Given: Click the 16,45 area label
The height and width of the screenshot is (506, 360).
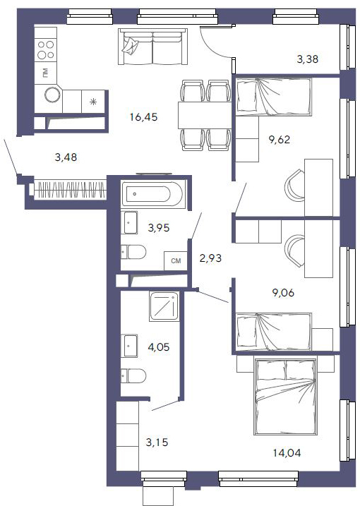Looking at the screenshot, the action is pos(144,117).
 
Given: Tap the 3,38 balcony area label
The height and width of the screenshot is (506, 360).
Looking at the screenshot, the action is pos(307,59).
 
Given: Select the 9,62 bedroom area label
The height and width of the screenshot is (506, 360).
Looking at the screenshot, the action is pos(280,140).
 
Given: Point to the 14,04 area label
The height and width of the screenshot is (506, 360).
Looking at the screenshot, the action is pos(287,453).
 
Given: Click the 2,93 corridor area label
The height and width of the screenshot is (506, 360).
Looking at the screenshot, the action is pos(210,258).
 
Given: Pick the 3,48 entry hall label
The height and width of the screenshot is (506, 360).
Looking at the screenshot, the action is pos(66,157).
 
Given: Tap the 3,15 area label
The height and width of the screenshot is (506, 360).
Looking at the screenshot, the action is pos(157,442).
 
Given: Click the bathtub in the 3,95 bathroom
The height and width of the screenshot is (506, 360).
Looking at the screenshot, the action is pos(153,194).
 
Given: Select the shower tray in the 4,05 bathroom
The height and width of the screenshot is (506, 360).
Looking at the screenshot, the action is pos(164,306).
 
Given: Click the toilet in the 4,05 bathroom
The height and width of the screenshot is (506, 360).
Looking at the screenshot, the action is pos(133,375).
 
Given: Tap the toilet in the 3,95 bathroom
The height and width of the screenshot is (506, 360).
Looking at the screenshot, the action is pos(133,252).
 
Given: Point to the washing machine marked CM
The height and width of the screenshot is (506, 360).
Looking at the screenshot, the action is pos(176,260).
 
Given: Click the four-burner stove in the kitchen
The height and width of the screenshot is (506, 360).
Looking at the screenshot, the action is pos(45,49).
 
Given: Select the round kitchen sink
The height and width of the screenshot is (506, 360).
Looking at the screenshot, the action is pos(52,95).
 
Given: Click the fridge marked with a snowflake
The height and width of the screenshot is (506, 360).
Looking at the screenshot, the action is pos(93,102).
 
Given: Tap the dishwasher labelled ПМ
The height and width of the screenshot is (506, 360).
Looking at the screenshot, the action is pos(45,73).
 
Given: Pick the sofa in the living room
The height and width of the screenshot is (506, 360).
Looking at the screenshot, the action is pos(152,47).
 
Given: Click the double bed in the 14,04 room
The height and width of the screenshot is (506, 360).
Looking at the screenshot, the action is pos(285,396).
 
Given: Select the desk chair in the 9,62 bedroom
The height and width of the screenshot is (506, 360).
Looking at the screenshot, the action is pos(295,186).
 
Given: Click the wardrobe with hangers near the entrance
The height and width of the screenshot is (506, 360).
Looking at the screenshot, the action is pos(68,190).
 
